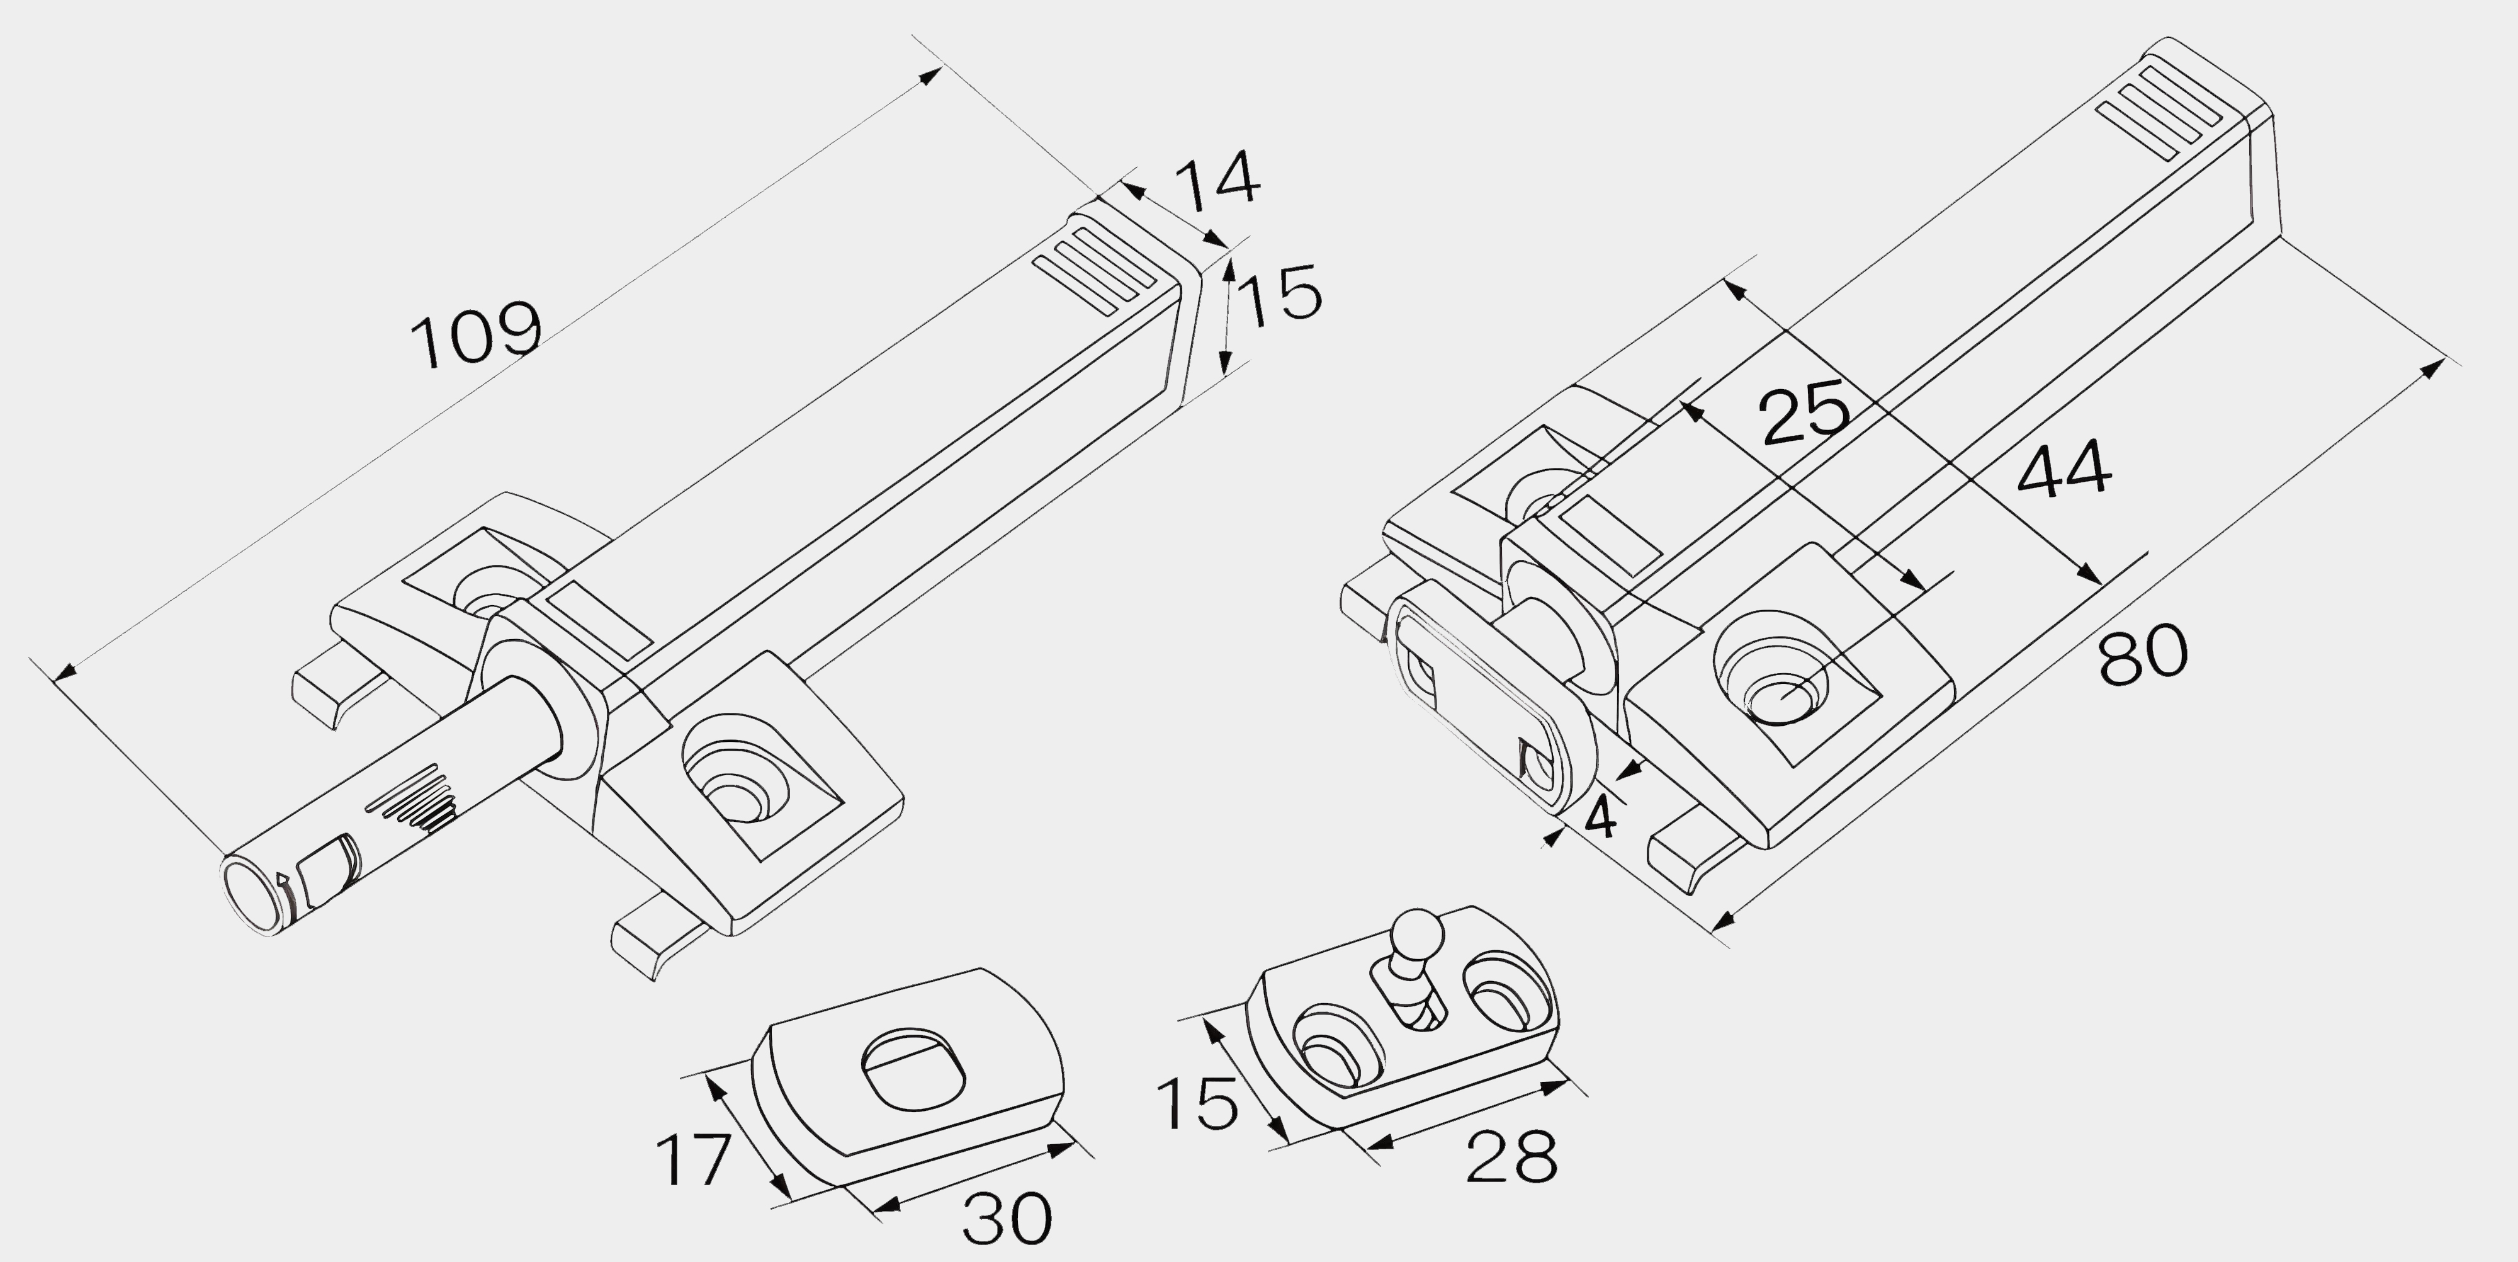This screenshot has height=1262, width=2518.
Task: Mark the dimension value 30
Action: coord(1007,1218)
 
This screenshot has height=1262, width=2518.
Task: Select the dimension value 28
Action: coord(1511,1156)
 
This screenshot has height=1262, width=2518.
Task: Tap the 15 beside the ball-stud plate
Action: coord(1197,1104)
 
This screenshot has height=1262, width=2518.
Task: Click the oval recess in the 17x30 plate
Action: coord(913,1069)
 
